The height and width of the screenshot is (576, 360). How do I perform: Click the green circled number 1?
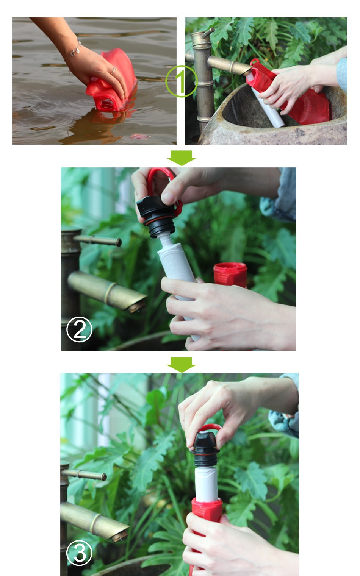[x=182, y=81]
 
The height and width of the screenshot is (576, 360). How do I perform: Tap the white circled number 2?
[x=79, y=329]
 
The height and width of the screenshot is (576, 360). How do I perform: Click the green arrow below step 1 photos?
[x=181, y=158]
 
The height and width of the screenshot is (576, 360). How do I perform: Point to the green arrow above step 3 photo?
[x=181, y=365]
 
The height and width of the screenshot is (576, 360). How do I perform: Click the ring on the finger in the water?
[x=113, y=71]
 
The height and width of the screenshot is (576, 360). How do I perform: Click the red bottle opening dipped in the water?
[x=106, y=104]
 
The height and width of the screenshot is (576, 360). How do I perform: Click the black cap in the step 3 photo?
[x=205, y=449]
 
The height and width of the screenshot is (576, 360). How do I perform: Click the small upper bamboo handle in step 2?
[x=98, y=241]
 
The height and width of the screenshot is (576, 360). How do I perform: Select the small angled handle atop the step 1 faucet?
[x=208, y=33]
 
